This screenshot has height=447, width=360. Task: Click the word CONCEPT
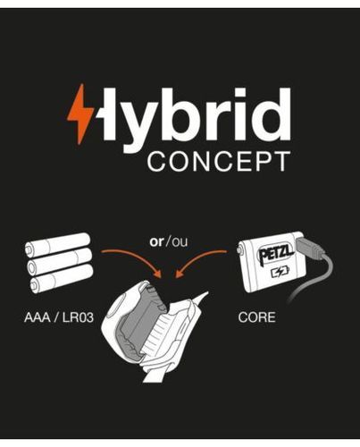click(x=219, y=161)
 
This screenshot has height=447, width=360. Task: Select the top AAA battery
click(x=57, y=245)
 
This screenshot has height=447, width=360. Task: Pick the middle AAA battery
click(x=60, y=261)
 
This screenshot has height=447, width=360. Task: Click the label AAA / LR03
click(x=59, y=317)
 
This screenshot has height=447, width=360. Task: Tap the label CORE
click(x=256, y=317)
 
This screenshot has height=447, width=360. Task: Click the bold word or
click(x=156, y=241)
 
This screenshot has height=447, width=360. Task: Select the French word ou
click(x=180, y=242)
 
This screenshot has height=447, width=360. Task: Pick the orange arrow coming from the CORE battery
click(x=199, y=260)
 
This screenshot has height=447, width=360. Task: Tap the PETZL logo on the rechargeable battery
click(x=277, y=255)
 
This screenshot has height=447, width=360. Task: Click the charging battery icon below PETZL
click(x=280, y=272)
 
